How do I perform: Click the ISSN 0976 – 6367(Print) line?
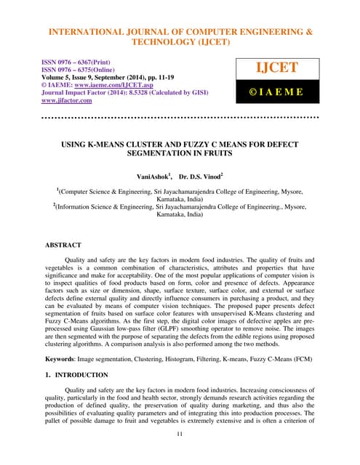coord(81,63)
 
